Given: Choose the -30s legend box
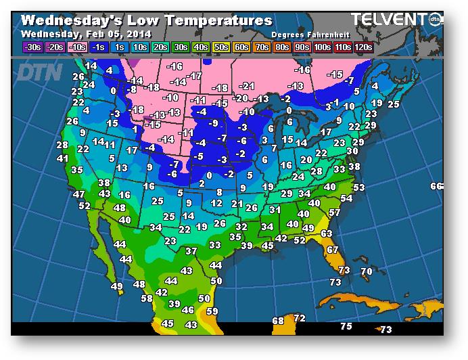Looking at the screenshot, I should [x=32, y=47].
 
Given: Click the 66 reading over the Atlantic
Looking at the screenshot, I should [x=436, y=186].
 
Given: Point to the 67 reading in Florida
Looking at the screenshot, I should [x=332, y=250].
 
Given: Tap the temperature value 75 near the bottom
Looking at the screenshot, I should [x=346, y=327].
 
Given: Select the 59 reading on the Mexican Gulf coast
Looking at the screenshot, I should [x=212, y=312].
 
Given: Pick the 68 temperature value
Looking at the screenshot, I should [x=278, y=321].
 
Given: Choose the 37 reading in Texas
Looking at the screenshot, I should [x=191, y=251].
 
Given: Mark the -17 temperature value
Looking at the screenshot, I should [x=195, y=76].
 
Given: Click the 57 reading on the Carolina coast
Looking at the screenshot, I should [x=334, y=212].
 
